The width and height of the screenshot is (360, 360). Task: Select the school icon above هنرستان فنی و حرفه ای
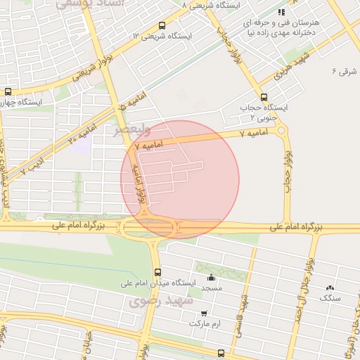(282, 12)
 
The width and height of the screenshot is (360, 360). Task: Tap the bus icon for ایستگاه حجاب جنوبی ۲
(264, 97)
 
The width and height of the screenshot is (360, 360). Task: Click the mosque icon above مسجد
(212, 277)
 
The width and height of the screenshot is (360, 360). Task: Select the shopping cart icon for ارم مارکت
(204, 314)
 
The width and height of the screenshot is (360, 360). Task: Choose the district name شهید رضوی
(155, 301)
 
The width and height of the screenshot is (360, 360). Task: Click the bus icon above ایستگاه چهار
(8, 91)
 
